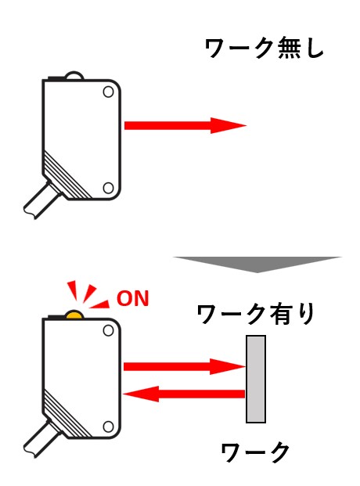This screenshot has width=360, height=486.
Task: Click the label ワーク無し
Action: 265,49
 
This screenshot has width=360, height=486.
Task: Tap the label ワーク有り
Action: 256,315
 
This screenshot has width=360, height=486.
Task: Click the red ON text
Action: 133,298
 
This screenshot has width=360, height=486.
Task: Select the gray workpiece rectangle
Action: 256,379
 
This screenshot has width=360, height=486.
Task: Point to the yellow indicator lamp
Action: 74,315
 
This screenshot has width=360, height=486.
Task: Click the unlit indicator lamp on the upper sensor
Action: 74,76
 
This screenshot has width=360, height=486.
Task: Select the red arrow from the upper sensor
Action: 185,125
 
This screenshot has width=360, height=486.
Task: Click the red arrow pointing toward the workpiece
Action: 185,367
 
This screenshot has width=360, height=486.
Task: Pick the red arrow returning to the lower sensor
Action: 184,394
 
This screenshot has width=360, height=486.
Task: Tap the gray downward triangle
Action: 257,264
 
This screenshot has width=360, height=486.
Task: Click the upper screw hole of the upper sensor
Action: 108,92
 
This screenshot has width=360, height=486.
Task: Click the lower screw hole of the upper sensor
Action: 108,188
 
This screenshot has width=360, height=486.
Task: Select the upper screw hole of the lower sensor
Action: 108,331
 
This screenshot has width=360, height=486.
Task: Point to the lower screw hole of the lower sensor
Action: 108,427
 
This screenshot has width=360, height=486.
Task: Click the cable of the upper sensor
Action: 41,200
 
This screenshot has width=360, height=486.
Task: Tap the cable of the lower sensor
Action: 41,438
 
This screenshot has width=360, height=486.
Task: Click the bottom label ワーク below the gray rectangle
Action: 255,452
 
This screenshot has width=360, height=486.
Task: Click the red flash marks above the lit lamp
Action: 88,294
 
